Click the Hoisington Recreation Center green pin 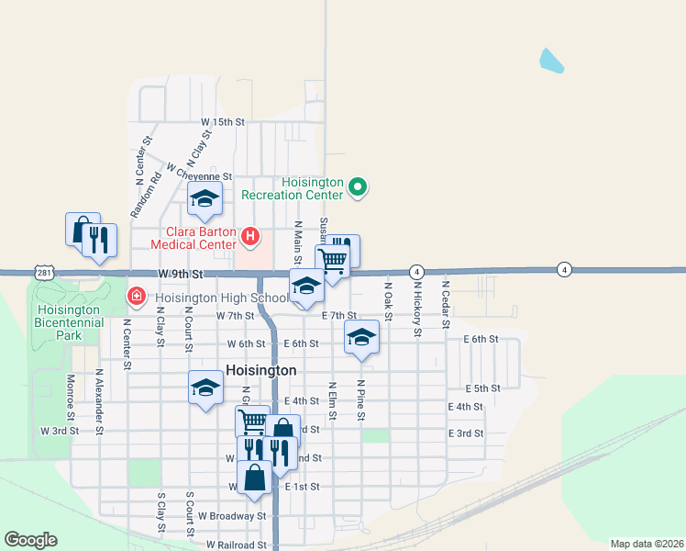[x=359, y=189]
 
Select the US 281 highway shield [x=45, y=274]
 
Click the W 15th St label [x=224, y=121]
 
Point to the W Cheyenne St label [x=199, y=175]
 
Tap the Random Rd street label [x=145, y=195]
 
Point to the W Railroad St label [x=236, y=545]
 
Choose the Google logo [x=30, y=540]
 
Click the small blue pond [x=551, y=61]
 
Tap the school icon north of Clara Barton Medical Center [x=205, y=197]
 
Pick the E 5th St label [x=482, y=388]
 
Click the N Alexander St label [x=99, y=398]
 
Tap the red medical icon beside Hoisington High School [x=136, y=297]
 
